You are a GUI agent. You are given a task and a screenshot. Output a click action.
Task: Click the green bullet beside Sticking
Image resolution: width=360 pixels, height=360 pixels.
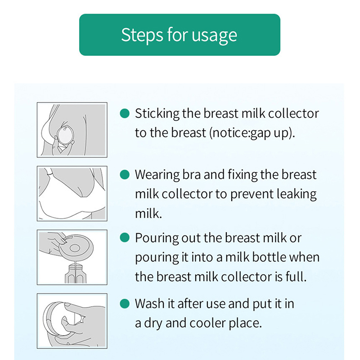[x=125, y=113]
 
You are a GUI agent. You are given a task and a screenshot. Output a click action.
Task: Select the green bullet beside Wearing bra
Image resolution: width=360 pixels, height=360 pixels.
[x=125, y=175]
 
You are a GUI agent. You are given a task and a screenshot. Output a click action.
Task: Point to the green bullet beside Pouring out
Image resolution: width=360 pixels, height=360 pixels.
[x=125, y=238]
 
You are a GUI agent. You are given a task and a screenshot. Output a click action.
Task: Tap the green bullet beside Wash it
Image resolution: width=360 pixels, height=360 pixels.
[x=125, y=303]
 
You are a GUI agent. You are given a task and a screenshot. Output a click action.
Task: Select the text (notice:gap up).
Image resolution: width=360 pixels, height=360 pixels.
[x=252, y=133]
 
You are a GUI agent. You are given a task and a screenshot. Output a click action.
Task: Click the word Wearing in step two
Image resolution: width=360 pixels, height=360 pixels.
[x=157, y=175]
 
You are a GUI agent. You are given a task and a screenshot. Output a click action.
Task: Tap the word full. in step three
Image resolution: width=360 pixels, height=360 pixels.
[x=296, y=276]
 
